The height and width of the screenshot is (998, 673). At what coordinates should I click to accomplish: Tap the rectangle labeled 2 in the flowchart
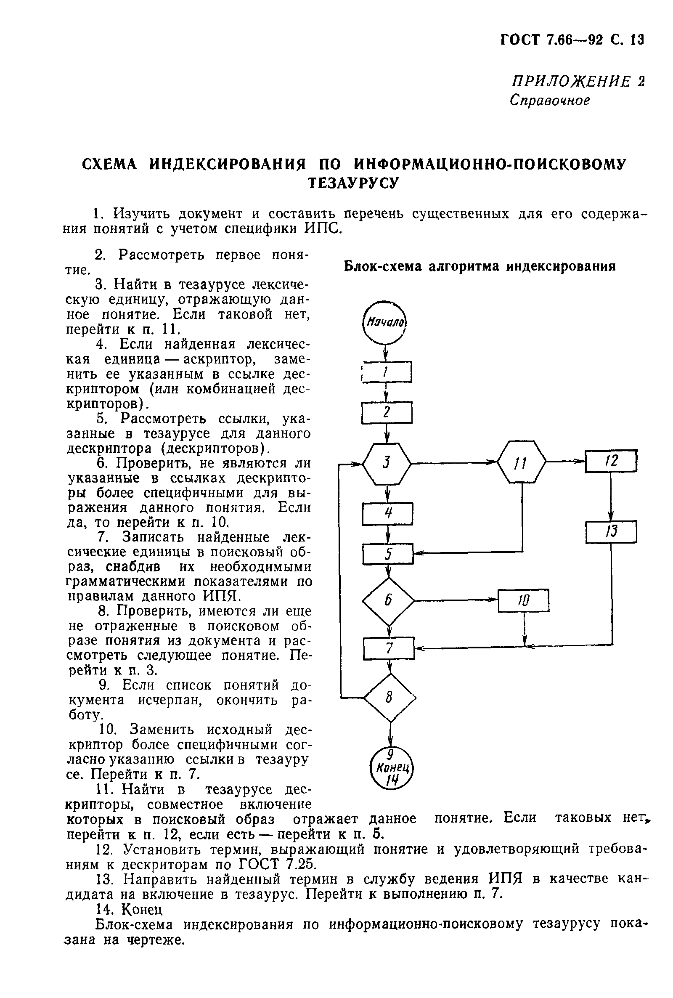387,412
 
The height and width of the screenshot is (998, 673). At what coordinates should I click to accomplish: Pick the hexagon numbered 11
521,462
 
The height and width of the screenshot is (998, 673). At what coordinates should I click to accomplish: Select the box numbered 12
611,461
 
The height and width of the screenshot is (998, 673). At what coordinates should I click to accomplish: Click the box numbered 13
611,532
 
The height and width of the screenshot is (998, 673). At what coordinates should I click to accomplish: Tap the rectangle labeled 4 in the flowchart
387,514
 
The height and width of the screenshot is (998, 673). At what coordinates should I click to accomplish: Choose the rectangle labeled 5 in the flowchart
388,554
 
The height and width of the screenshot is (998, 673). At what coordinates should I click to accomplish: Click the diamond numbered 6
388,601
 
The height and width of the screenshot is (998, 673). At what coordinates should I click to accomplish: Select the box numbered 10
523,600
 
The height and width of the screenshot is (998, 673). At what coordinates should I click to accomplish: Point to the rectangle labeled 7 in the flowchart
389,649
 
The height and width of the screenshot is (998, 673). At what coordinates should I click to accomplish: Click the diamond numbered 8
390,698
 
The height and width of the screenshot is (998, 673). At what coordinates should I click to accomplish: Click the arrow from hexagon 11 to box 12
566,462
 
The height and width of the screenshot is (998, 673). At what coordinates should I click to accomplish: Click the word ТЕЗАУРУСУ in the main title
354,183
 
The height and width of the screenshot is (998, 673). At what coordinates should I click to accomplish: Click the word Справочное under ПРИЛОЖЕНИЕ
550,101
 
